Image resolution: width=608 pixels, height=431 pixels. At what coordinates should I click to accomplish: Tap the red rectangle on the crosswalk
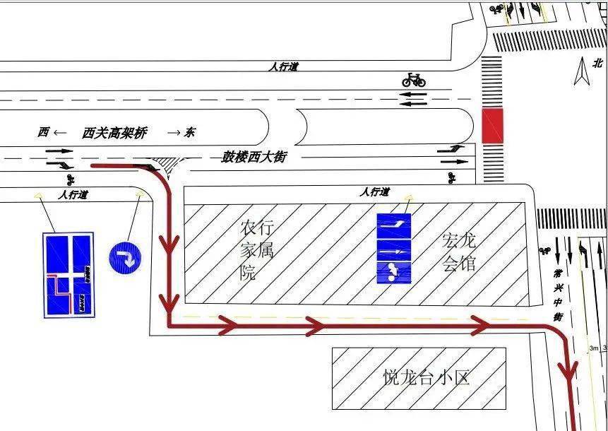[491, 126]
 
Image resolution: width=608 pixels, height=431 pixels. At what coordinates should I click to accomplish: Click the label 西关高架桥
[114, 133]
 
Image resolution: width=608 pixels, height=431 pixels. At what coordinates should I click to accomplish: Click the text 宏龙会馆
[459, 252]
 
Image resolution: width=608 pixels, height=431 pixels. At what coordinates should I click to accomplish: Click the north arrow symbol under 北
[582, 71]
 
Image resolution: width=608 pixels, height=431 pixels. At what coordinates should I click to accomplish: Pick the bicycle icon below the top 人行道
[414, 79]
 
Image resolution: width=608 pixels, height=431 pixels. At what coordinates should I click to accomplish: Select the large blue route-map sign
[68, 273]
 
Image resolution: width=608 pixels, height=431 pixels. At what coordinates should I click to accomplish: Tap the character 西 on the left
[44, 132]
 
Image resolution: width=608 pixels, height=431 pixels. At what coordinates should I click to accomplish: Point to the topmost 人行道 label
[284, 66]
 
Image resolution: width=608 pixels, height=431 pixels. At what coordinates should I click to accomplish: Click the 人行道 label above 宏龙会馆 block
[374, 192]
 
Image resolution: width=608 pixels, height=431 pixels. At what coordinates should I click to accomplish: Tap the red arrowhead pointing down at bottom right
[568, 371]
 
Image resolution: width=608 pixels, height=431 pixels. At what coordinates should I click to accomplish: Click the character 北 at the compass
[599, 62]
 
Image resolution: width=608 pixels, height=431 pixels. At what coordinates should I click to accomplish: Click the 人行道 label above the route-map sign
[73, 195]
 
